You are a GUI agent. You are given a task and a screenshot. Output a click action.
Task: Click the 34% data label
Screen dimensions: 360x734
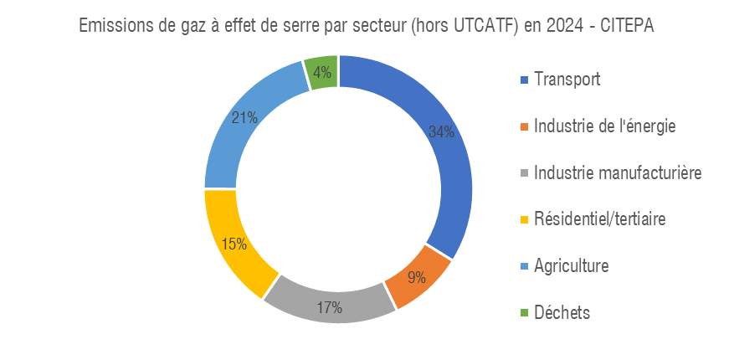pos(441,131)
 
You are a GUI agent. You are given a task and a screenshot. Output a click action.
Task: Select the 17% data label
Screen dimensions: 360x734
pos(330,307)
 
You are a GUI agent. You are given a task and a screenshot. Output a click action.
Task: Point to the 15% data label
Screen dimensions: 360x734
pos(234,244)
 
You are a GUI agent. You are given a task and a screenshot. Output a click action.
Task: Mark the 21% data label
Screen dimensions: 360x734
pos(244,117)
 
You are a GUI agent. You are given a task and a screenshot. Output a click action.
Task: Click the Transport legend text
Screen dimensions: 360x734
pos(567,80)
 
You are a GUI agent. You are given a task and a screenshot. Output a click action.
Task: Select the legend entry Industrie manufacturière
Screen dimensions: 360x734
pos(618,173)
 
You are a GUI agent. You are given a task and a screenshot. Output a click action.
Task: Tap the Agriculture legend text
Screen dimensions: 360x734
pos(572,266)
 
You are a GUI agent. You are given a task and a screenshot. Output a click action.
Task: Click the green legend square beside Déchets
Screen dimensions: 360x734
pos(525,313)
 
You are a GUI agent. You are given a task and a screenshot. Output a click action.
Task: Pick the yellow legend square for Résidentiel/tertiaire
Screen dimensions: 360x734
pos(525,220)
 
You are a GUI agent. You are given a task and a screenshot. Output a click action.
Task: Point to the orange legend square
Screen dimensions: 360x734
pos(525,127)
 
